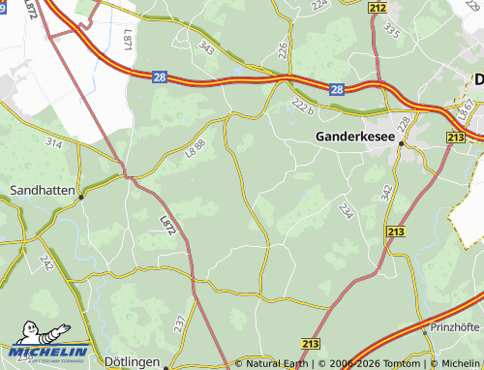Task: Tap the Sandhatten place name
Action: pos(41,192)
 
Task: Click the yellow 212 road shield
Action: pos(378,9)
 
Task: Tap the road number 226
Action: pos(283,48)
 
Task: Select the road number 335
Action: pos(391,32)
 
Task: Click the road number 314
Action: pos(53,142)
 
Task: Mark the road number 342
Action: pos(387,192)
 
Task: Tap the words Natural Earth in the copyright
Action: pos(277,364)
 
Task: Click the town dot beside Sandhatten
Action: pos(82,196)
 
